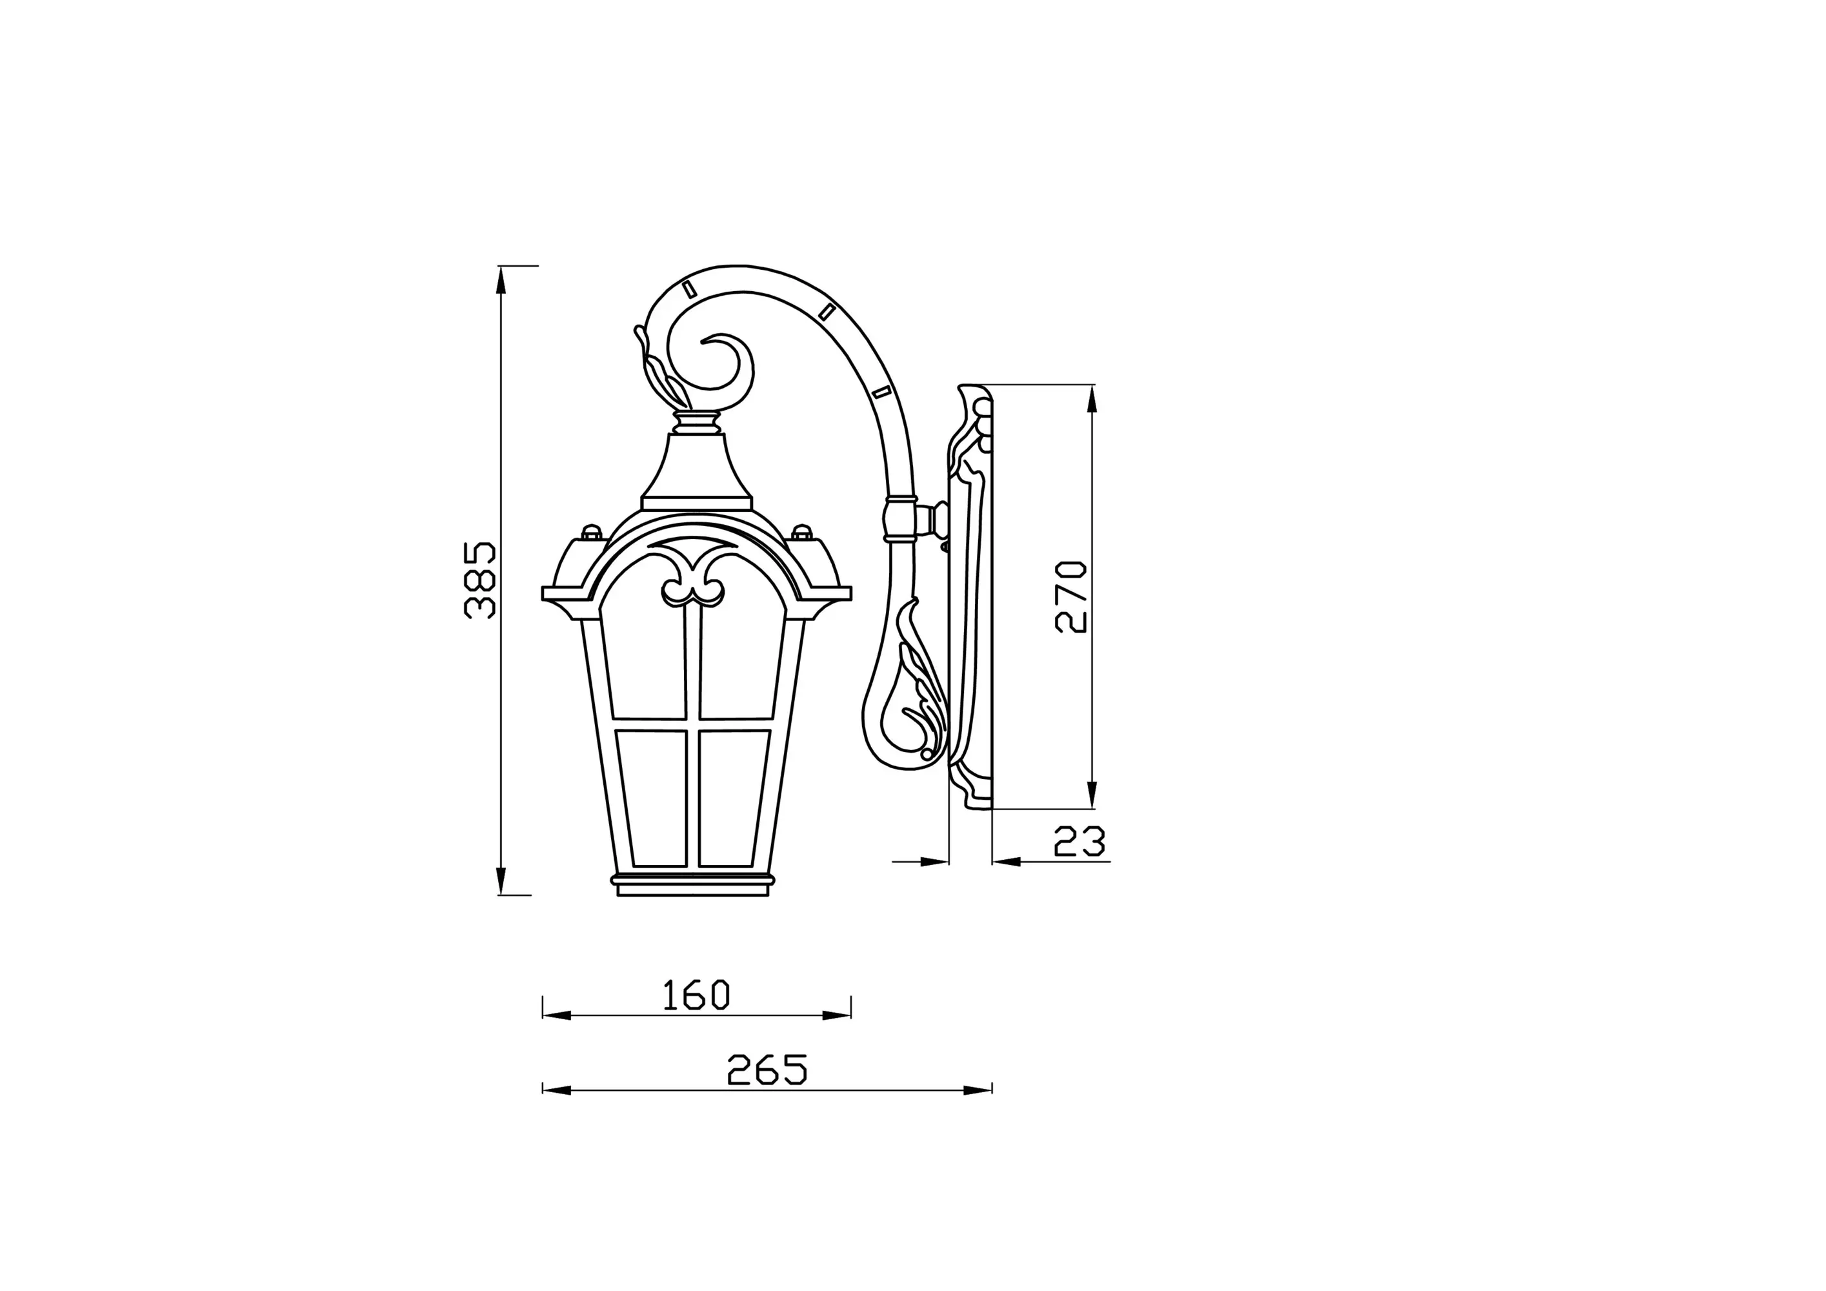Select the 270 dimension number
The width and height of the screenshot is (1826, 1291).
coord(1070,597)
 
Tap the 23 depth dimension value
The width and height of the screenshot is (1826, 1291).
coord(1079,842)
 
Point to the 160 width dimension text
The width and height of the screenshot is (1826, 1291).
coord(696,995)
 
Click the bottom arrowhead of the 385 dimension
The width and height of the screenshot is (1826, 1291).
coord(501,880)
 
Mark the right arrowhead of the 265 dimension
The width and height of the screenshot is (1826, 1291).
coord(978,1090)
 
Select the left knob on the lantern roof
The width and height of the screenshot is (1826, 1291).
coord(591,531)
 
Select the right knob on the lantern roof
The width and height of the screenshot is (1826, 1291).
coord(801,531)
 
